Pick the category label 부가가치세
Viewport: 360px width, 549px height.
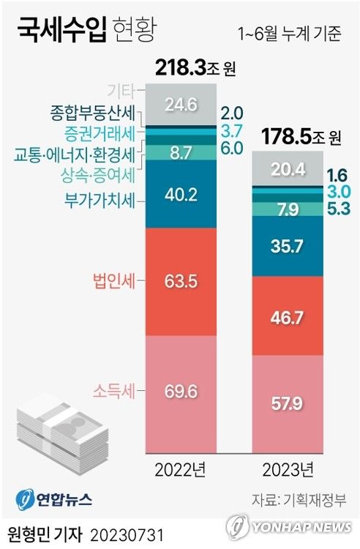coord(101,200)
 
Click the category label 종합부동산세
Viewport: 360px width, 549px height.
coord(93,113)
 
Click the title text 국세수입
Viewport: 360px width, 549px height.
coord(61,31)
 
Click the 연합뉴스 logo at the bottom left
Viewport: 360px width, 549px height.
coord(56,501)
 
